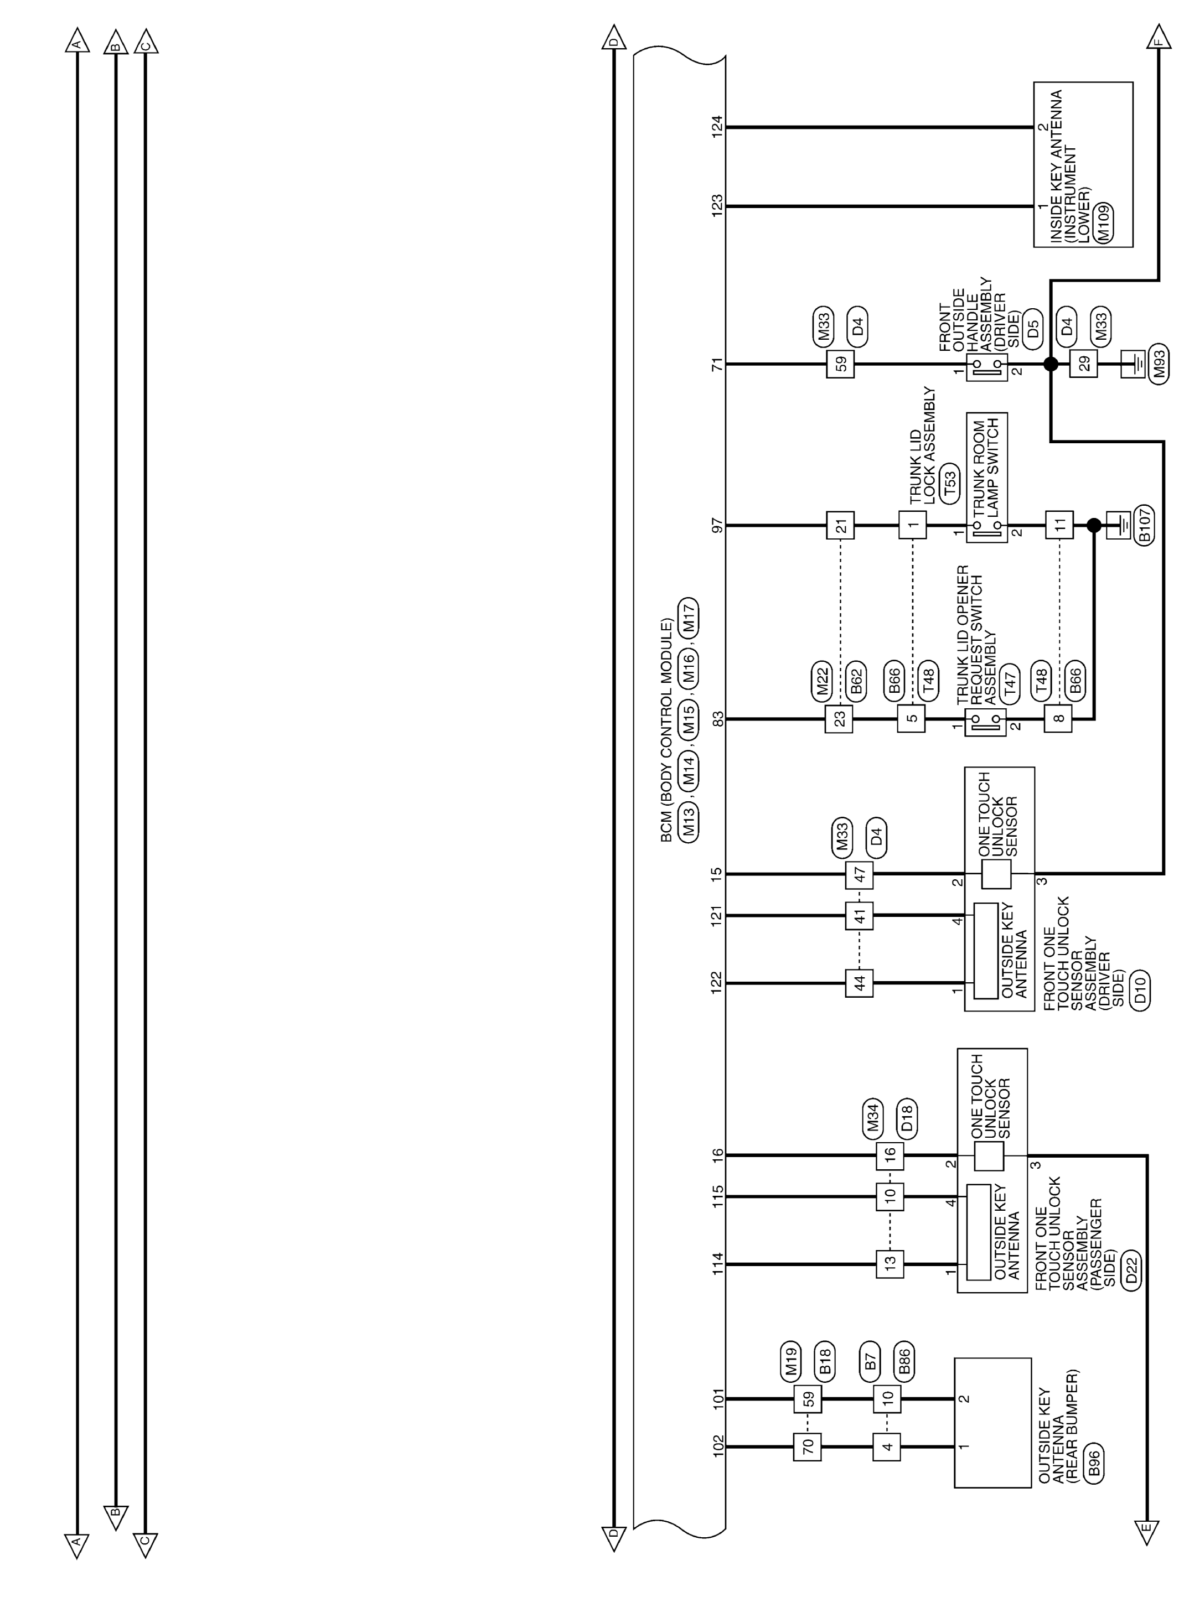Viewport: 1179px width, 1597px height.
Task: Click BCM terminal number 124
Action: [718, 128]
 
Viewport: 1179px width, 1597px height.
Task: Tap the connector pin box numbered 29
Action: [1084, 364]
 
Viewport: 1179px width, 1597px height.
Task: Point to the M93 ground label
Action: [1159, 364]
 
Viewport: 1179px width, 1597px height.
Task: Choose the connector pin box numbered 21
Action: [841, 526]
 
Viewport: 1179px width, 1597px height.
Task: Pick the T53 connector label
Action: [949, 485]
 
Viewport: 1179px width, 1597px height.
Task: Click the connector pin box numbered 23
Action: [839, 718]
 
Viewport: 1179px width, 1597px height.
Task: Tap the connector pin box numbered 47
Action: [859, 873]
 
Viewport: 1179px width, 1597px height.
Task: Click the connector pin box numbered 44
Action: [859, 983]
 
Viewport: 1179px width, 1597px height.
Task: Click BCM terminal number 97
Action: [718, 526]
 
